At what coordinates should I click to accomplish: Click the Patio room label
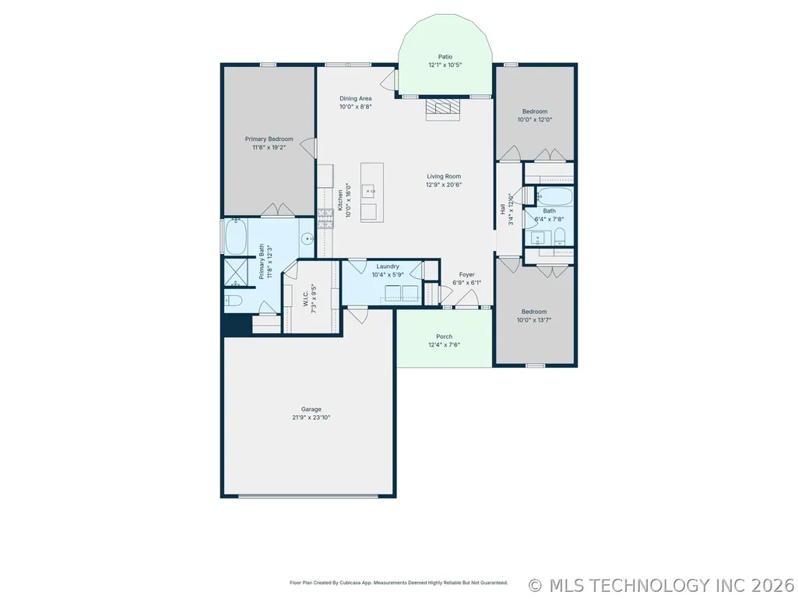point(445,57)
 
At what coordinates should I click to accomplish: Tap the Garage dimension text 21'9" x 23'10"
point(311,418)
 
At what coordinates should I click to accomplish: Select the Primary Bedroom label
point(269,139)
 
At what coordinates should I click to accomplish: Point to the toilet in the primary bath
point(233,301)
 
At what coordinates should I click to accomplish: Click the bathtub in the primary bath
point(236,236)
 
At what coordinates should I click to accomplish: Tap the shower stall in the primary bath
point(237,273)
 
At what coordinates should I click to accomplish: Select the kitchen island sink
point(369,191)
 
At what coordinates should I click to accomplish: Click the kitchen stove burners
point(325,219)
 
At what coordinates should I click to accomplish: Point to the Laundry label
point(388,266)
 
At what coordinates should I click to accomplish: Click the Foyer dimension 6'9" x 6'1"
point(466,284)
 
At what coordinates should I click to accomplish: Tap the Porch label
point(445,336)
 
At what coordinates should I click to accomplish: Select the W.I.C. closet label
point(305,299)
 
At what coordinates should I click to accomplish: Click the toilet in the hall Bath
point(560,236)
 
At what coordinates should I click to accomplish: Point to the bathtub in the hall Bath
point(555,196)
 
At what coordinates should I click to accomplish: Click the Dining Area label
point(356,99)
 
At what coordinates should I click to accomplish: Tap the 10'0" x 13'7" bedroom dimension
point(534,320)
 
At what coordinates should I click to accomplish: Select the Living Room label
point(444,177)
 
